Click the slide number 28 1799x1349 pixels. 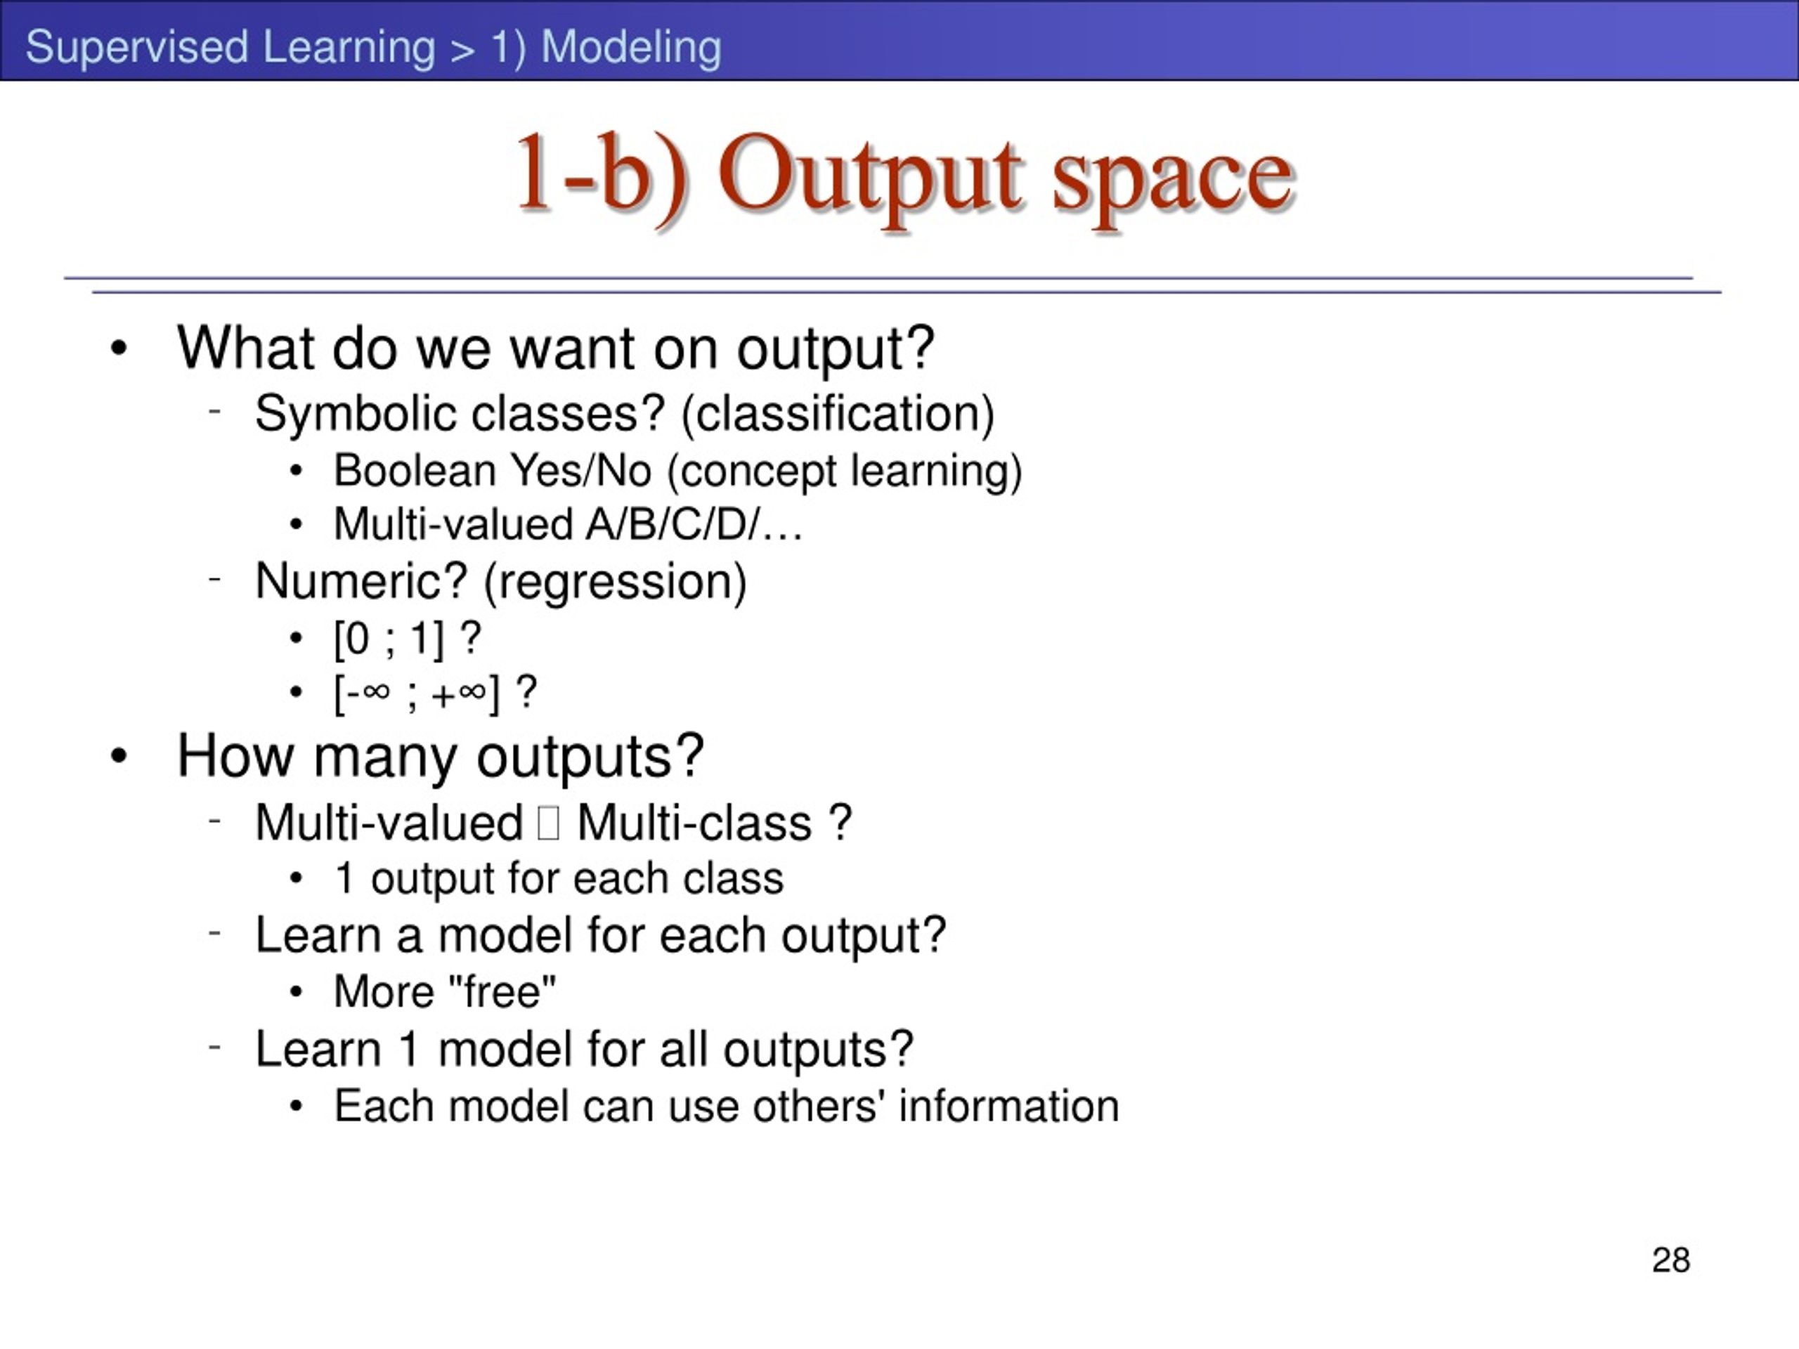pos(1671,1260)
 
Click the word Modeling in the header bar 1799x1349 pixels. pos(631,47)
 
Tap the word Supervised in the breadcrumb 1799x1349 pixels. pos(136,47)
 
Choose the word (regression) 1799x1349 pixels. pos(615,582)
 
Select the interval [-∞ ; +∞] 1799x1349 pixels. pos(417,694)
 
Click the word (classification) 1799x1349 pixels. pos(838,415)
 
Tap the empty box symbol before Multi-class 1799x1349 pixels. pos(549,823)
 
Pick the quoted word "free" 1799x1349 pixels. pos(502,991)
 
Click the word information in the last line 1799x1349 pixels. pos(1008,1106)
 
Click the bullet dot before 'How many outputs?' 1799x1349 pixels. pos(119,756)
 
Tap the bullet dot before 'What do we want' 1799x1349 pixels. pos(119,348)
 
